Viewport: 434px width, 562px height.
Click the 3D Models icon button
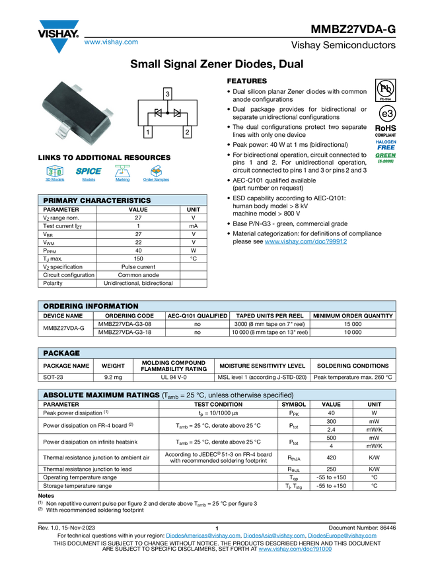click(x=54, y=175)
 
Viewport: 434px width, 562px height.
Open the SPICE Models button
click(x=89, y=175)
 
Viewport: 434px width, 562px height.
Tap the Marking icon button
click(x=122, y=175)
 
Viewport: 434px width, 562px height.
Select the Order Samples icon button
click(x=157, y=175)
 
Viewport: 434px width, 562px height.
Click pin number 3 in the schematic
click(x=168, y=95)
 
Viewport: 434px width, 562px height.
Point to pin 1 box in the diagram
click(x=147, y=133)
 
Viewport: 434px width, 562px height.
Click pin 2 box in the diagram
click(x=188, y=133)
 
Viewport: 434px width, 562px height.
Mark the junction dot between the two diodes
click(x=168, y=114)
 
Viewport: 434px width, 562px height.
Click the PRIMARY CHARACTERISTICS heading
click(x=96, y=200)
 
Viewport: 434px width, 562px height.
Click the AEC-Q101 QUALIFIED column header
click(x=197, y=316)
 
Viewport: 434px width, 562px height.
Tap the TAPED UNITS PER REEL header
click(x=270, y=316)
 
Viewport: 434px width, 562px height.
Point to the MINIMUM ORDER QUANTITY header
click(x=353, y=316)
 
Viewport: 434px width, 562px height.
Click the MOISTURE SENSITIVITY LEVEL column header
click(x=262, y=366)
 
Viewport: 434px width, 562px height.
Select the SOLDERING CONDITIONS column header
click(x=353, y=366)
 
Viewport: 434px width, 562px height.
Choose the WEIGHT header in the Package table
click(x=113, y=366)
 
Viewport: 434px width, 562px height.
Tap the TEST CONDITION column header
click(x=218, y=404)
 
